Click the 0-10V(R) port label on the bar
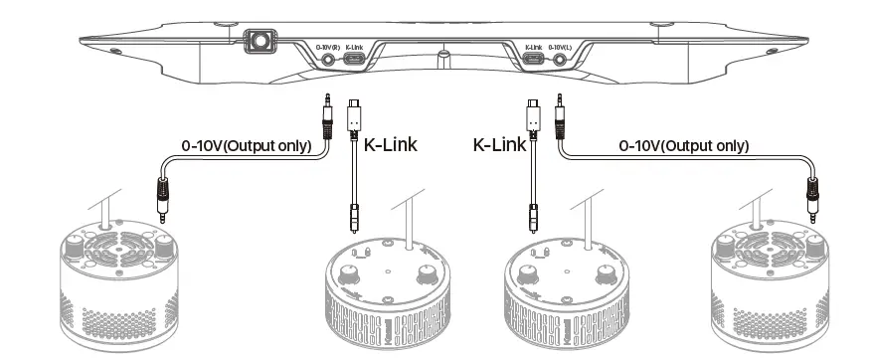pos(328,47)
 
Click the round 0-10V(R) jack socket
pos(328,60)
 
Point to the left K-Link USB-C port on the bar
pos(354,60)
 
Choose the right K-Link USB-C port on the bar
pos(534,60)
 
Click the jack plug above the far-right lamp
pos(812,195)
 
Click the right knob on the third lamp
pos(604,273)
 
